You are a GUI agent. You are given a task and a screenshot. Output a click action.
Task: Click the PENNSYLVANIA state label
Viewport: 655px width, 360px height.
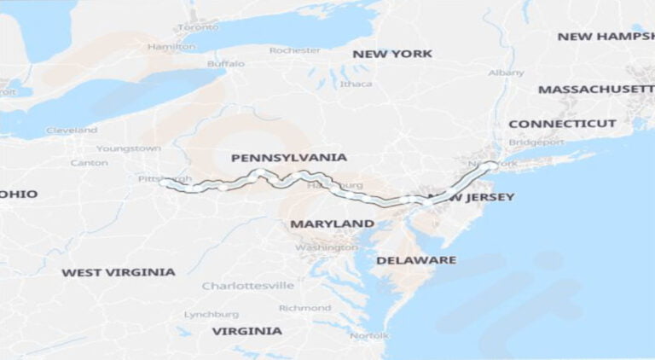(x=288, y=158)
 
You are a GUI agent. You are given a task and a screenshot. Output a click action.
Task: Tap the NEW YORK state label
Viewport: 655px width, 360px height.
(x=392, y=54)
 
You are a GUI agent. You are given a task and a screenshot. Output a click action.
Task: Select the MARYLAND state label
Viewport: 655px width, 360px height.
(x=332, y=224)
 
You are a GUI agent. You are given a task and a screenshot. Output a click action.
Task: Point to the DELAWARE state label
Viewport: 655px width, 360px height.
(x=416, y=259)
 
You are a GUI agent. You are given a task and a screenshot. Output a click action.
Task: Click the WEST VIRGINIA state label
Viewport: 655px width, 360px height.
(x=118, y=272)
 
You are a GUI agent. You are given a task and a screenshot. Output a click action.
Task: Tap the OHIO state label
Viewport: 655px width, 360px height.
(x=19, y=194)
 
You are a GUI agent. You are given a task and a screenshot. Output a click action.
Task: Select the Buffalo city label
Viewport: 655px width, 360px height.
(x=225, y=63)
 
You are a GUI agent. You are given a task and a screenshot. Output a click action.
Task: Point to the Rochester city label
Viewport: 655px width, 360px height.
(x=294, y=50)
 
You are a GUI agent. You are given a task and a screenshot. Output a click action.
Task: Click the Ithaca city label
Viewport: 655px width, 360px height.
(x=356, y=84)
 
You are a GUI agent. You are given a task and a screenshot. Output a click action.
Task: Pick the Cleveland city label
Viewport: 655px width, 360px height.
(x=72, y=131)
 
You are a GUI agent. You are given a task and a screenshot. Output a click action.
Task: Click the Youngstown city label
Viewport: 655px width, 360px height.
(x=128, y=148)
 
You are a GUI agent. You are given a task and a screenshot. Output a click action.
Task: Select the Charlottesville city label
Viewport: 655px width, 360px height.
(x=247, y=285)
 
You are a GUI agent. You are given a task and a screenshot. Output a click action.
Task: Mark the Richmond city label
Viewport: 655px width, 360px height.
(x=304, y=308)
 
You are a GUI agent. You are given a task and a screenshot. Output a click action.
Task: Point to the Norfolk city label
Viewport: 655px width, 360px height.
(x=369, y=335)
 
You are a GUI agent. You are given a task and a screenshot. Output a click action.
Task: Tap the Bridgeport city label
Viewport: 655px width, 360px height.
(x=536, y=142)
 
